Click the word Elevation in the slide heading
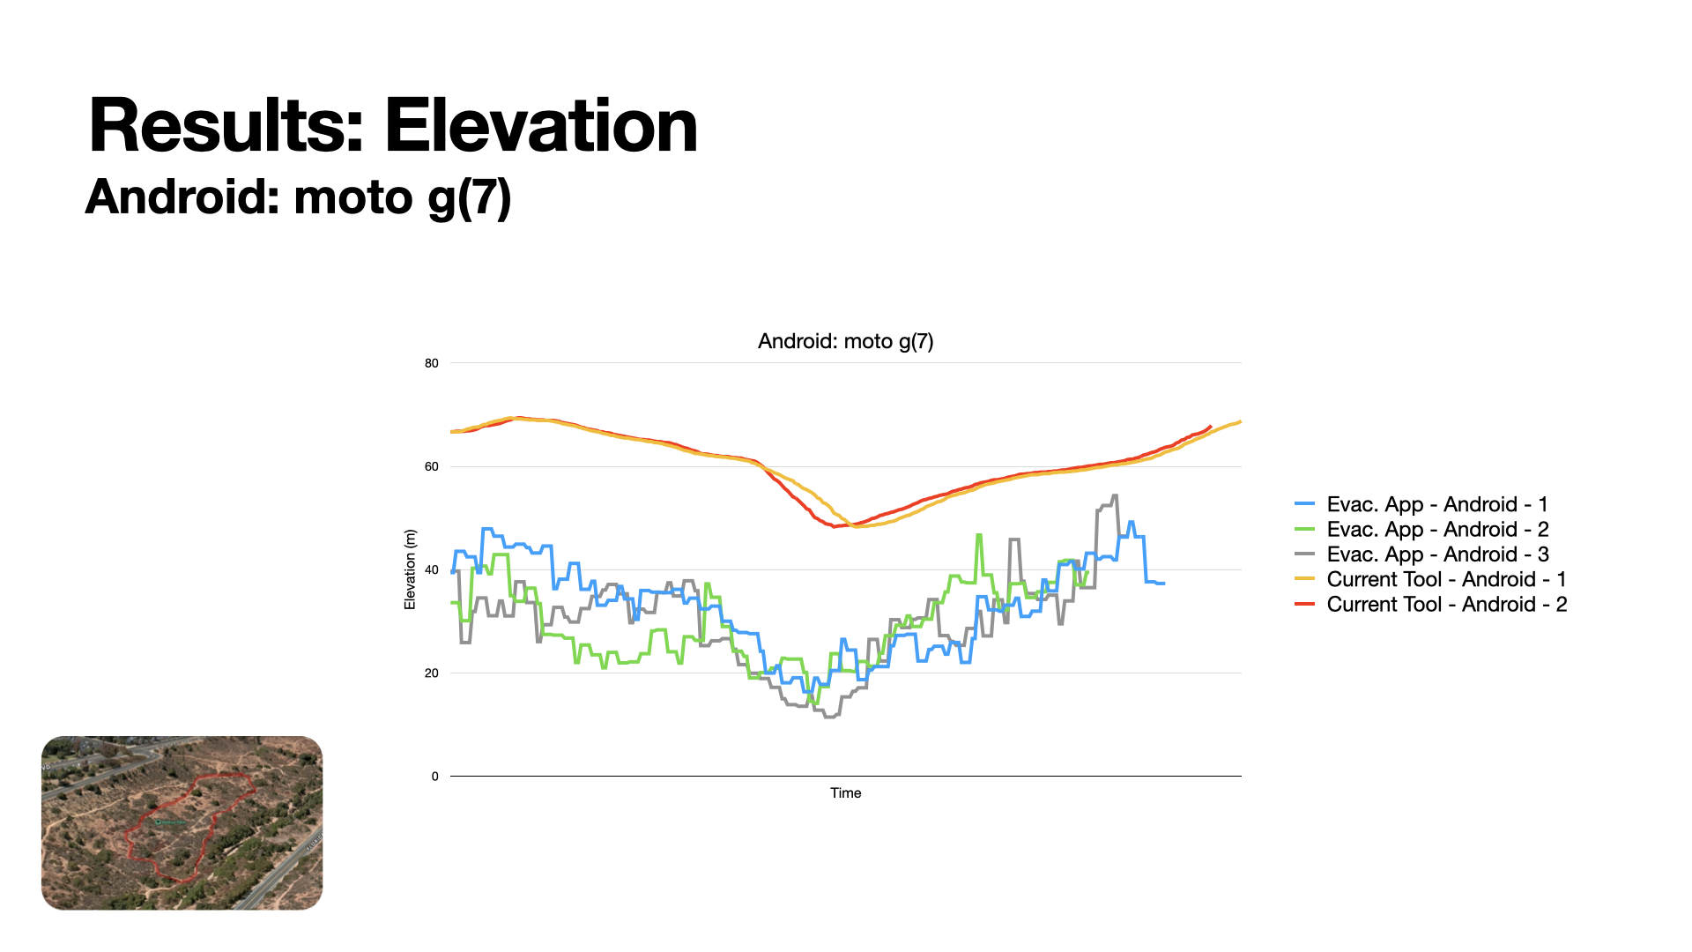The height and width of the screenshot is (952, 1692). [540, 126]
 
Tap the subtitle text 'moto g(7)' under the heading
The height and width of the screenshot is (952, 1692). [402, 197]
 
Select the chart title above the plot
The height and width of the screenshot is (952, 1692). [845, 341]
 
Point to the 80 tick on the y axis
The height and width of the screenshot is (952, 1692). [431, 363]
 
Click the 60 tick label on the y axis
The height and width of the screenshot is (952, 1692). [431, 466]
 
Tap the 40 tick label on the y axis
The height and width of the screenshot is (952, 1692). [431, 569]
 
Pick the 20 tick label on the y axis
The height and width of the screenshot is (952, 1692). [431, 673]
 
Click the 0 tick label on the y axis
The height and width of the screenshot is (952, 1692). [434, 777]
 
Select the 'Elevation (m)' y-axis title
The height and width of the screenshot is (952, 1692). [410, 569]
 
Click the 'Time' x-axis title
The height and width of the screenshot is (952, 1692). [845, 792]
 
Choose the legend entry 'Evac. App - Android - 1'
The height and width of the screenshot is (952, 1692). [1436, 504]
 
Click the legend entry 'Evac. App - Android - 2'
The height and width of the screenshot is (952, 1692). [1436, 529]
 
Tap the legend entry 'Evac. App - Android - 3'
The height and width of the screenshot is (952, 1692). [1436, 554]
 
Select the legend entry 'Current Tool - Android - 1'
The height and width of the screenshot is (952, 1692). [1445, 579]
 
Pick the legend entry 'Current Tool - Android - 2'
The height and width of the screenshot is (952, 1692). [1445, 604]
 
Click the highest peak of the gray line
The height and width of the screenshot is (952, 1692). [1115, 495]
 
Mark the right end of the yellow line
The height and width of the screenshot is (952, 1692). [1240, 421]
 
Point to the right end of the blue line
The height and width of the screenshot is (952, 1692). [1163, 584]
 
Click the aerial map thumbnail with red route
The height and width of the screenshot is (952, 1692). [182, 822]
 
